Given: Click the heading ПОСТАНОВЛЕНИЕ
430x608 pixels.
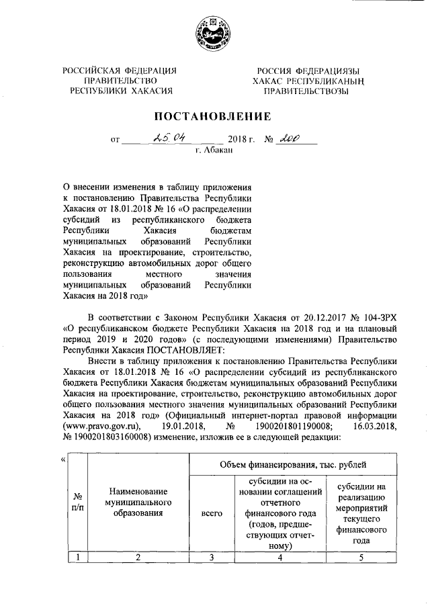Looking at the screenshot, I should tap(214, 116).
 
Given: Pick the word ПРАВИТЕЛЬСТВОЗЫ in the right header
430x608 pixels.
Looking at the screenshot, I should tap(306, 91).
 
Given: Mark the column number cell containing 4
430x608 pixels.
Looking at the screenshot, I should tap(277, 556).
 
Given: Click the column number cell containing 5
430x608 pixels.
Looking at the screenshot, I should tap(361, 556).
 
